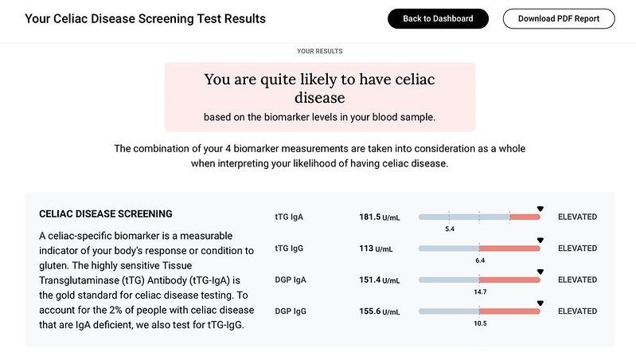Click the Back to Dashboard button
pyautogui.click(x=438, y=18)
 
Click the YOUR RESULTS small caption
pyautogui.click(x=319, y=51)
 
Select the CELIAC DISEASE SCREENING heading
pyautogui.click(x=106, y=214)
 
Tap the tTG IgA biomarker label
pyautogui.click(x=288, y=217)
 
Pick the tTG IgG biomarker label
pyautogui.click(x=288, y=248)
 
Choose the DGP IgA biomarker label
pyautogui.click(x=290, y=280)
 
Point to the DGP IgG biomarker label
pyautogui.click(x=290, y=311)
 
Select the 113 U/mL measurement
pyautogui.click(x=377, y=248)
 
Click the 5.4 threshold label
pyautogui.click(x=449, y=229)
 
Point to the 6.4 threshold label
pyautogui.click(x=479, y=260)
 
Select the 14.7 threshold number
pyautogui.click(x=479, y=292)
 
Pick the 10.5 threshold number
pyautogui.click(x=479, y=323)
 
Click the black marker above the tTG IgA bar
pyautogui.click(x=540, y=209)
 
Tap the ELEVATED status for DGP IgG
pyautogui.click(x=577, y=311)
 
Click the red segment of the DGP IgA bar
pyautogui.click(x=509, y=280)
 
